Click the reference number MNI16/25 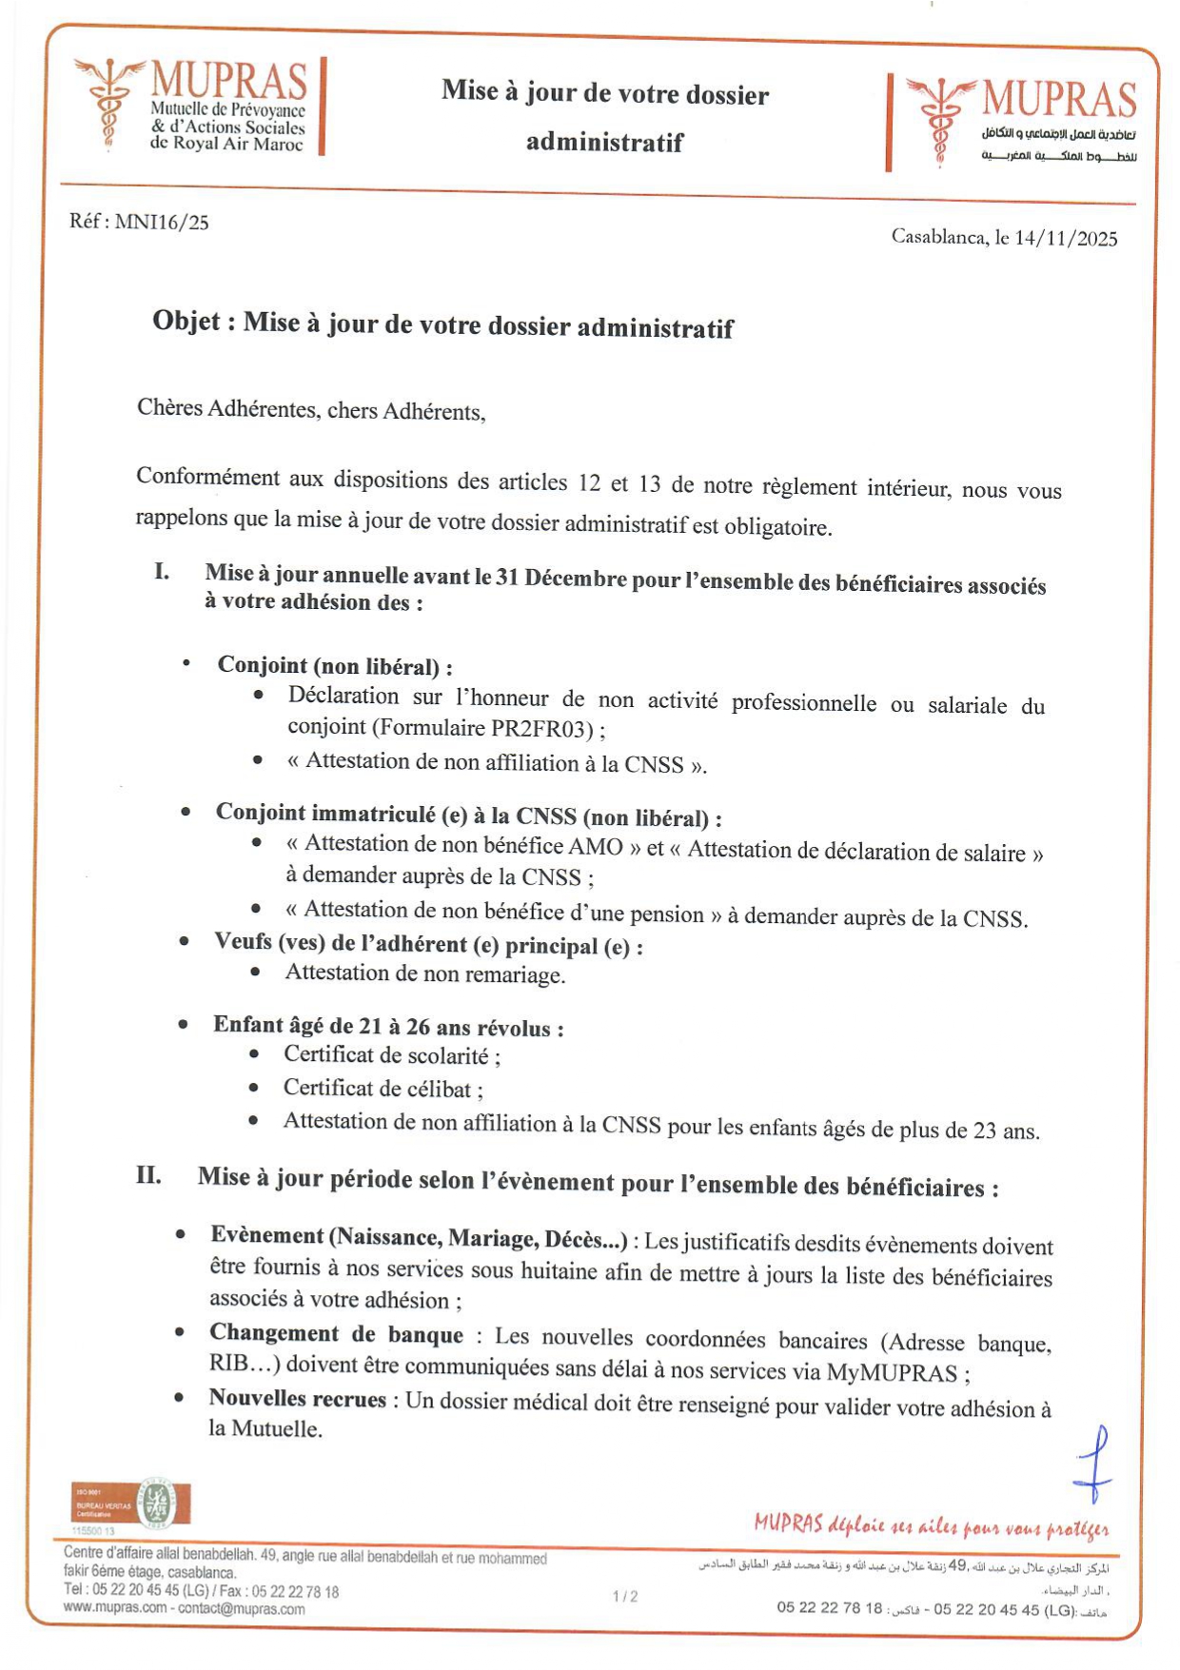(x=161, y=223)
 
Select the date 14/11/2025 (x=1065, y=238)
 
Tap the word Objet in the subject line (x=187, y=322)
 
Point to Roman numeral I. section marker (x=163, y=571)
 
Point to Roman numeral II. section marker (x=148, y=1174)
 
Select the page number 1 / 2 (x=625, y=1596)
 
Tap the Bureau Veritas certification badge (x=131, y=1504)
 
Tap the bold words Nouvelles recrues (x=298, y=1398)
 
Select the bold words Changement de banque (x=336, y=1334)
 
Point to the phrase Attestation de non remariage (x=424, y=973)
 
